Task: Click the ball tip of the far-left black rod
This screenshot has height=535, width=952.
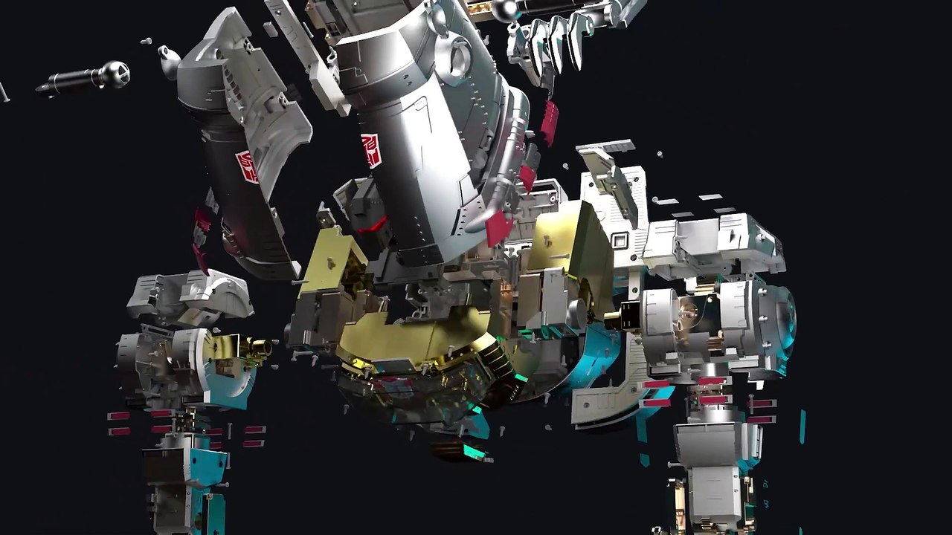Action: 117,73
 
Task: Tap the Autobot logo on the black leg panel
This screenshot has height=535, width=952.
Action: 246,166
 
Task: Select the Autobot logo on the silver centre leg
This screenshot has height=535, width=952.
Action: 370,149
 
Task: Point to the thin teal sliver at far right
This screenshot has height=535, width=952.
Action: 802,427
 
